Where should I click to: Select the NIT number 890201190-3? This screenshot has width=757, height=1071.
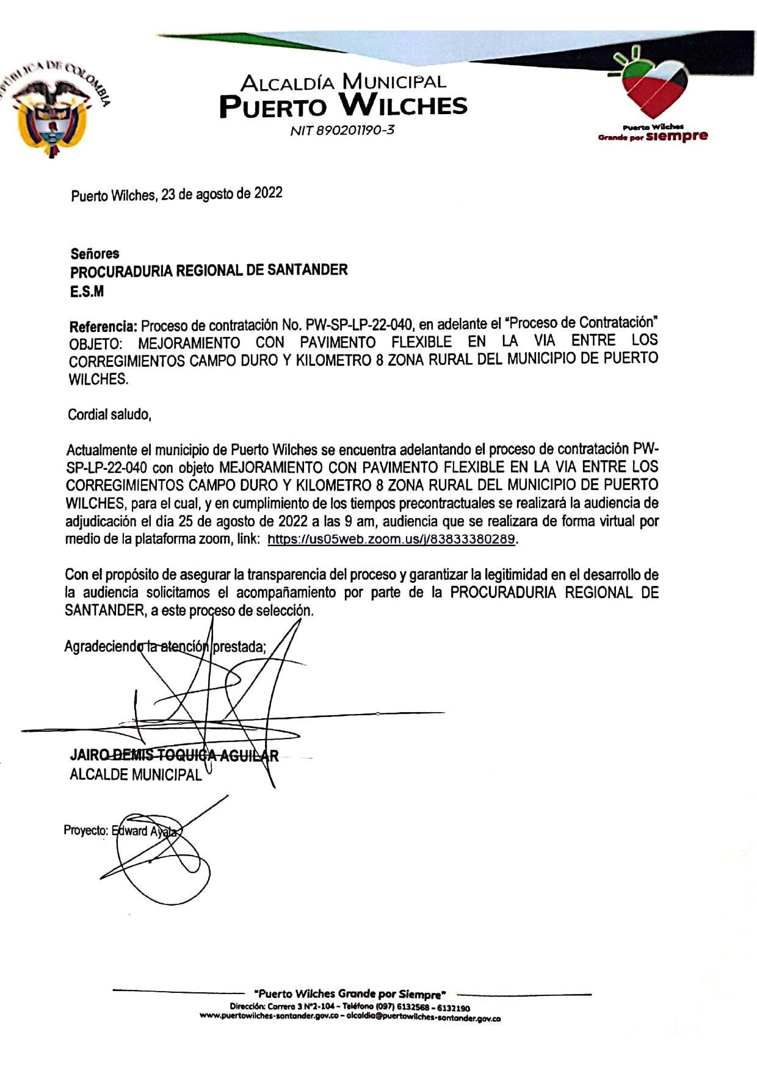(342, 130)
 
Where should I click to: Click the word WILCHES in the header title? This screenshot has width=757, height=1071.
(403, 106)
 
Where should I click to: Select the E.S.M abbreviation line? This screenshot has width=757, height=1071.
(87, 292)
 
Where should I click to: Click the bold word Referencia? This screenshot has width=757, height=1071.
(103, 326)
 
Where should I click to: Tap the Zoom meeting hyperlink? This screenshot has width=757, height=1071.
(391, 539)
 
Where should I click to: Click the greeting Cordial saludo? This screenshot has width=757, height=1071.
(109, 415)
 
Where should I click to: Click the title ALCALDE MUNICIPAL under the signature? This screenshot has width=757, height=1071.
(136, 774)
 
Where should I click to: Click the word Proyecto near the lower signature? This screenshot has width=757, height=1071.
(86, 831)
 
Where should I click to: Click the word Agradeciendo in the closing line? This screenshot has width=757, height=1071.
(101, 646)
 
